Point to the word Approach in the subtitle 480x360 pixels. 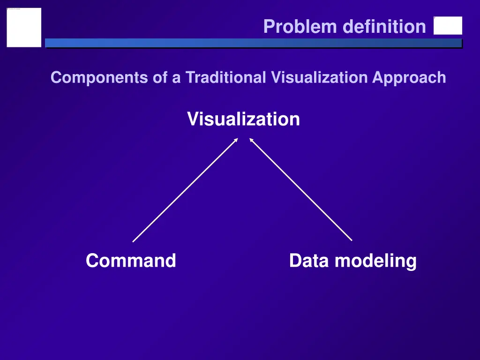(409, 77)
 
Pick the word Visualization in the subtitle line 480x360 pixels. (319, 77)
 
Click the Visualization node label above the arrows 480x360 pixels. (243, 119)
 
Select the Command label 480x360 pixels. (131, 261)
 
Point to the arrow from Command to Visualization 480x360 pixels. (185, 190)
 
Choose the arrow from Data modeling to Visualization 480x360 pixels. (300, 189)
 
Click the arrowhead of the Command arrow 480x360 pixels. (236, 139)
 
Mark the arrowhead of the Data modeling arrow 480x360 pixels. (251, 139)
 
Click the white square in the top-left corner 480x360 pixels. (24, 27)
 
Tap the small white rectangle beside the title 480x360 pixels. (448, 26)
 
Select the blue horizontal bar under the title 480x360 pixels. (253, 43)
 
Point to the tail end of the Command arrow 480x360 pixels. (134, 241)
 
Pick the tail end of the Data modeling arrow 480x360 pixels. (351, 240)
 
